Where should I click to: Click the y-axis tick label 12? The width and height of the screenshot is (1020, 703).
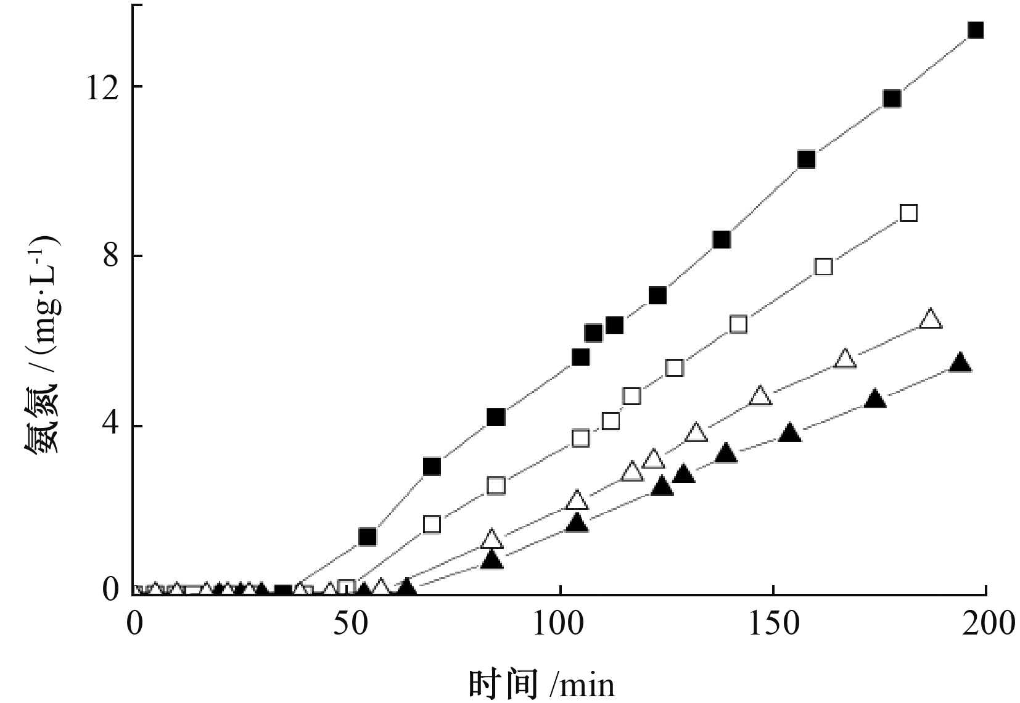[102, 88]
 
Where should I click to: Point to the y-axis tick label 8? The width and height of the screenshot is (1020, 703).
[111, 256]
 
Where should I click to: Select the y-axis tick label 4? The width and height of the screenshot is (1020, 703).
[111, 426]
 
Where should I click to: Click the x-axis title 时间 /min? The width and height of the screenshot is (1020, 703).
[541, 684]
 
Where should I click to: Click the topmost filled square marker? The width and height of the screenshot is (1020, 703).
[976, 30]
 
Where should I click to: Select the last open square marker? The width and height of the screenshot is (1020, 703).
[908, 213]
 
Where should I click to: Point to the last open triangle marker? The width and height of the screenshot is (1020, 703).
[931, 319]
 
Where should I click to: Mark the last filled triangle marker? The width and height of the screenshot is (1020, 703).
[960, 363]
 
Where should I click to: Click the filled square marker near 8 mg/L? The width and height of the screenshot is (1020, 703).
[722, 239]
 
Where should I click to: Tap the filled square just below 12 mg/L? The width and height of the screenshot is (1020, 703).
[892, 99]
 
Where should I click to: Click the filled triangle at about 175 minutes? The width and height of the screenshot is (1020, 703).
[875, 399]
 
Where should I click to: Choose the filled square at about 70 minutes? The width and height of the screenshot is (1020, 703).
[432, 466]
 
